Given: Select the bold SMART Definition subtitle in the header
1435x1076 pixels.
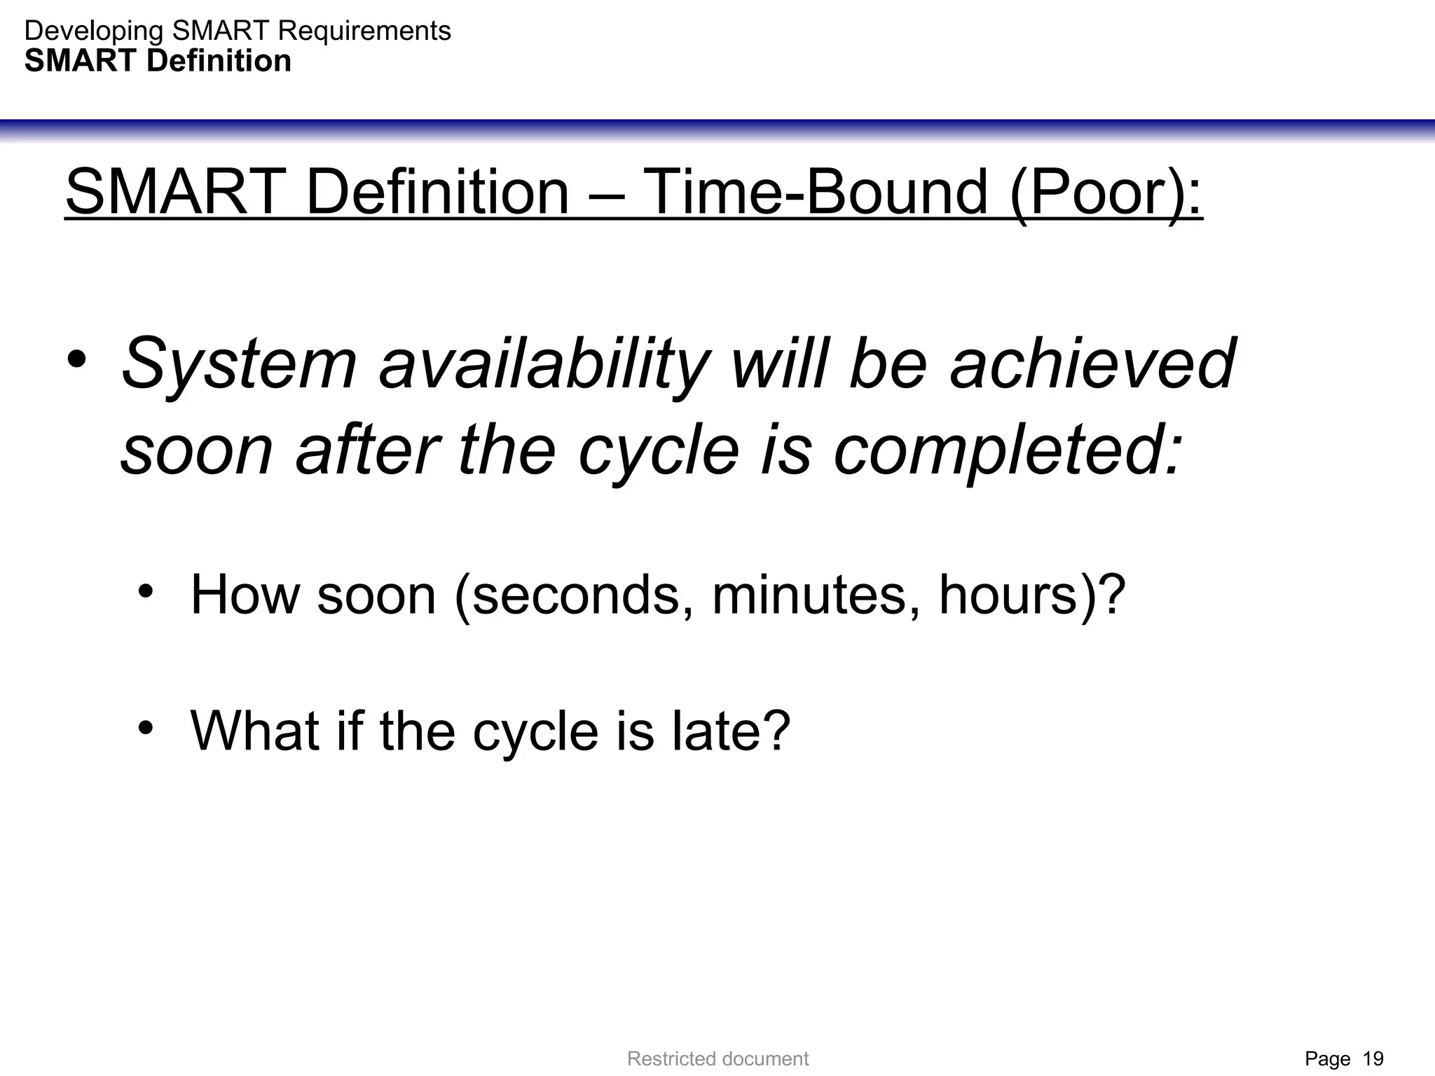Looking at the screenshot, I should pos(158,61).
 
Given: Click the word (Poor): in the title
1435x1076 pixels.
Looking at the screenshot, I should pos(1106,193).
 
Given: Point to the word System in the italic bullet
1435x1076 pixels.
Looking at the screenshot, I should pos(239,364).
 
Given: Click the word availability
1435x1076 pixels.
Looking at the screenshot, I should pos(543,364).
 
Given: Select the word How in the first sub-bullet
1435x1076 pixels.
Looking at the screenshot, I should pos(244,594).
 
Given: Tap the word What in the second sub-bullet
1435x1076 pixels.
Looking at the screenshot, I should pos(254,731).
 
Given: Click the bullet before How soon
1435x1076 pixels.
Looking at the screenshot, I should pos(145,593).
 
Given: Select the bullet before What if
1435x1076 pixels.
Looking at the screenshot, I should pos(145,729).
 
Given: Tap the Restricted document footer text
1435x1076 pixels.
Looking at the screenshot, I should pos(717,1058).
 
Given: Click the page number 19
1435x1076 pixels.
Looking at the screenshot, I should pos(1373,1058).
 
